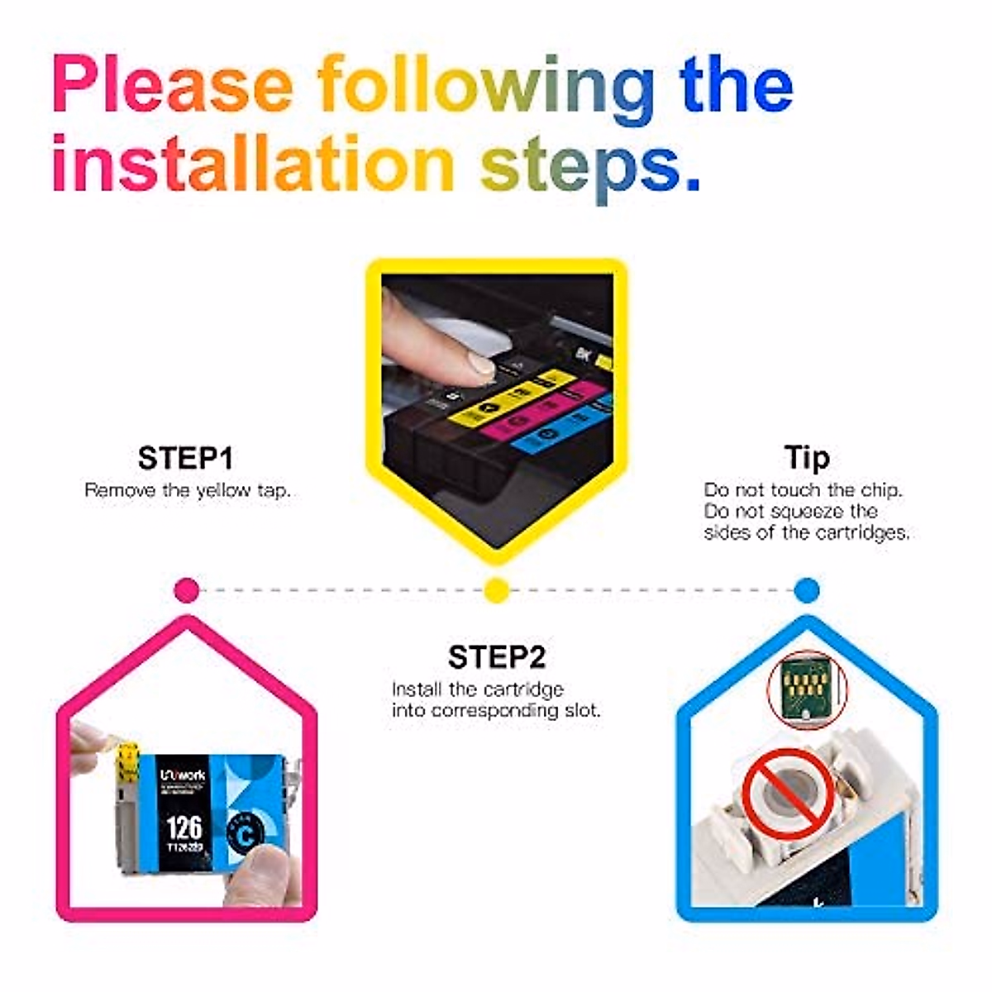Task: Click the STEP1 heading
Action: click(x=186, y=458)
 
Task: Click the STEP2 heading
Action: click(x=497, y=657)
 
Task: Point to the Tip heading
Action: click(x=806, y=458)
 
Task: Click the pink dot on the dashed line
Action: click(x=188, y=590)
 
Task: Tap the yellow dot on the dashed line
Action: click(x=496, y=590)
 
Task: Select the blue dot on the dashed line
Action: click(x=806, y=590)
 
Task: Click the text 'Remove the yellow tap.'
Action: click(x=188, y=490)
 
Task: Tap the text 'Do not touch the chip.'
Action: click(x=803, y=490)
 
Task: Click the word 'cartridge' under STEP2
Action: click(x=523, y=689)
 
